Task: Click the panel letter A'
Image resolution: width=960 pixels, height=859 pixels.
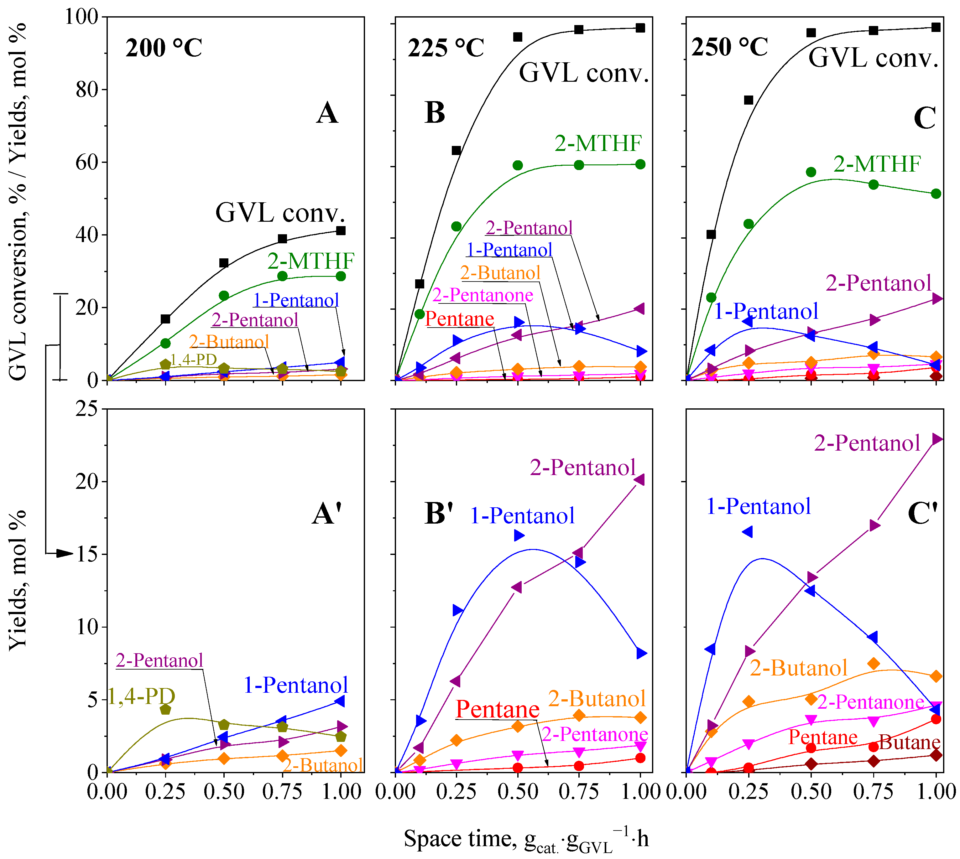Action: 327,514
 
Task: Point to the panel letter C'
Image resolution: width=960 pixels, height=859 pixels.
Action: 922,514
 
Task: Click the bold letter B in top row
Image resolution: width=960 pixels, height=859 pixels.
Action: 435,113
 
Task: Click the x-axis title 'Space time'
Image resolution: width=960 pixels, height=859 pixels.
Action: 526,839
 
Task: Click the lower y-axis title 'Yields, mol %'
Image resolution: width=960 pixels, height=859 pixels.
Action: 18,581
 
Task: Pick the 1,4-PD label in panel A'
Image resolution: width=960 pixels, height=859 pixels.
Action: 141,696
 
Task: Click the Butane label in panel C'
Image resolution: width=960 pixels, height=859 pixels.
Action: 909,743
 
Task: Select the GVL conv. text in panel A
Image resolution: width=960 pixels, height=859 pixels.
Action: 280,213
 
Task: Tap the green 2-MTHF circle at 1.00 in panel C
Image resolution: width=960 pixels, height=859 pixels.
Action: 936,194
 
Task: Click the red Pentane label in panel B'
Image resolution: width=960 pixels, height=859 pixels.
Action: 497,709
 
